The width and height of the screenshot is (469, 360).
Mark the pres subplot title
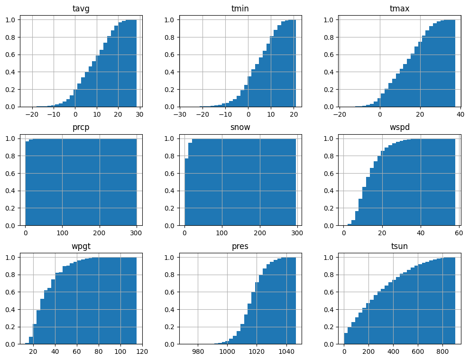240,246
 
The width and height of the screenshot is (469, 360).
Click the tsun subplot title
399,246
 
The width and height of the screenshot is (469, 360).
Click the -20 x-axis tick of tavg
32,115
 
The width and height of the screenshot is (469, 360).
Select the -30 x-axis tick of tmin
180,115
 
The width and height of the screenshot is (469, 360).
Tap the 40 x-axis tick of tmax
460,115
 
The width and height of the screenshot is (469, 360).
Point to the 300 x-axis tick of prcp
137,233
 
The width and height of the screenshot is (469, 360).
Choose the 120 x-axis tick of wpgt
142,352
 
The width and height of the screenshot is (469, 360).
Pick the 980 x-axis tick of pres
198,352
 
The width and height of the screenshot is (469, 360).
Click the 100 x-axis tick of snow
222,233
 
